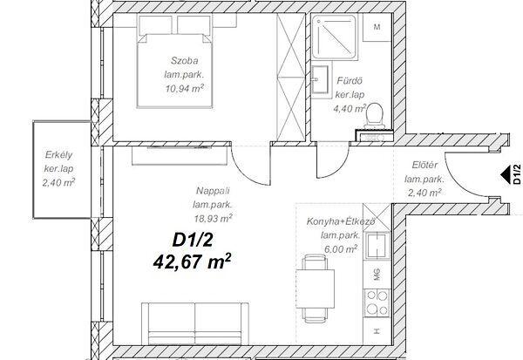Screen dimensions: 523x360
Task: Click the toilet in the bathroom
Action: [x=374, y=116]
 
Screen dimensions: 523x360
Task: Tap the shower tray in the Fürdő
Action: [x=335, y=37]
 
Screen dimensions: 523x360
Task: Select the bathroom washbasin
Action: [x=320, y=80]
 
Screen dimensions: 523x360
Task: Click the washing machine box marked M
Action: [x=377, y=27]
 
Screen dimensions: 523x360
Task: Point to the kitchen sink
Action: [x=377, y=246]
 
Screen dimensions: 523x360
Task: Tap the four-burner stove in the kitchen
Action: [x=377, y=303]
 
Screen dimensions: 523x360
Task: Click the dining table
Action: [x=315, y=289]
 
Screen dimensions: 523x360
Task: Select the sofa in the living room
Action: [x=195, y=323]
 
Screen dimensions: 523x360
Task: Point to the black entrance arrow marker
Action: [x=506, y=174]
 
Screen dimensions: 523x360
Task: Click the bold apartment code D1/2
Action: [x=193, y=240]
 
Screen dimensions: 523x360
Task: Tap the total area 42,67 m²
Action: [x=192, y=262]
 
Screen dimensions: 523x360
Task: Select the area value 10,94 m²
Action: [x=185, y=88]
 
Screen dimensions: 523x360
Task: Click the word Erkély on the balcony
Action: [x=58, y=155]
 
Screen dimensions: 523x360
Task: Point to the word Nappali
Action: [x=213, y=191]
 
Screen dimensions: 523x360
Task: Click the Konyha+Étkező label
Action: [x=341, y=221]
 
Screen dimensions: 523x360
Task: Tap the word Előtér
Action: [x=425, y=165]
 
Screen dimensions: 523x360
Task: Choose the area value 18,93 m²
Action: [x=214, y=219]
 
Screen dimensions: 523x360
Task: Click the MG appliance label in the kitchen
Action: [x=377, y=275]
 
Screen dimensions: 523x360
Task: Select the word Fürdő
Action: [x=350, y=81]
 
